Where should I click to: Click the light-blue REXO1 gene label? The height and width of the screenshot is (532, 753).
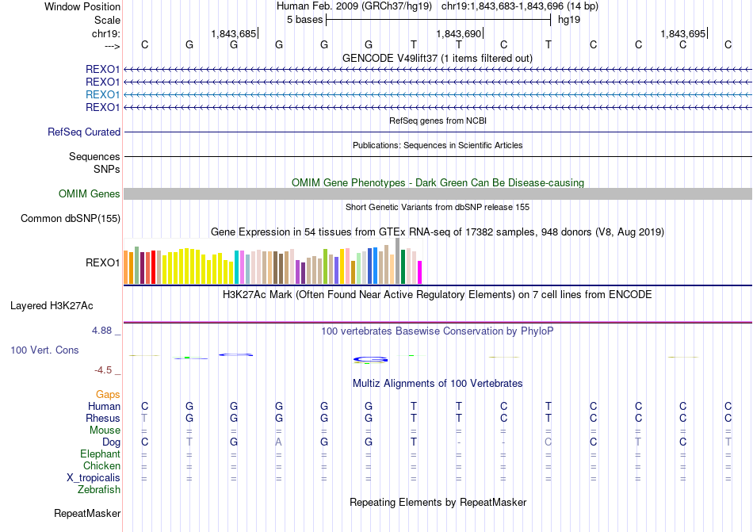coord(103,94)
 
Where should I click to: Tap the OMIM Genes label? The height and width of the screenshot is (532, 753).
coord(90,194)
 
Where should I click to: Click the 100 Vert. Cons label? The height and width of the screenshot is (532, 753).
coord(44,350)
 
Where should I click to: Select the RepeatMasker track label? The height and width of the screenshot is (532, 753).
coord(87,514)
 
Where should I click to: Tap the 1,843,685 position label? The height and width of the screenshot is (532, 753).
coord(234,34)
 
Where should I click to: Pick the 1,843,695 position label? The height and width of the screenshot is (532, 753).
coord(682,34)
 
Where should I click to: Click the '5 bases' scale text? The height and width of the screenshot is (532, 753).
coord(304,19)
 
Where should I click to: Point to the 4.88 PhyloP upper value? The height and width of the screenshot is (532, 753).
coord(105,330)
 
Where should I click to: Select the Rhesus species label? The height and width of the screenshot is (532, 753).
coord(103,419)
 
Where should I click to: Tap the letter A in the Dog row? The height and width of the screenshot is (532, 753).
coord(278,442)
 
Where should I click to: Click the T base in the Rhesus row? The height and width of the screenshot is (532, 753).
coord(144,418)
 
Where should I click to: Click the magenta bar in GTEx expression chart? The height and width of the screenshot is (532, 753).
coord(419,272)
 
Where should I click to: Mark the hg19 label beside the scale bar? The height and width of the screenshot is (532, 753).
coord(569,19)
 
